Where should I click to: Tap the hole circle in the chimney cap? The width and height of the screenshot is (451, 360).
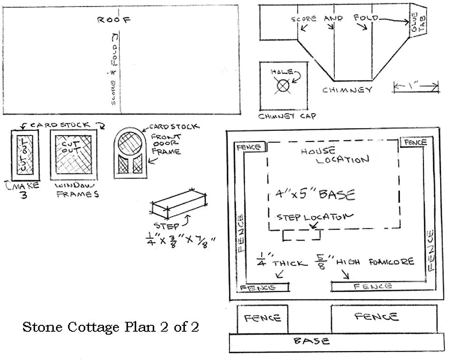(x=282, y=86)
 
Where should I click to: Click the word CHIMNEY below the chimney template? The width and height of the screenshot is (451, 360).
(x=347, y=90)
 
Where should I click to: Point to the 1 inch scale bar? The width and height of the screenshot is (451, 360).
(x=415, y=86)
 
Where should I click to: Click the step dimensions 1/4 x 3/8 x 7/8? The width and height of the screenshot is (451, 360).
(x=180, y=242)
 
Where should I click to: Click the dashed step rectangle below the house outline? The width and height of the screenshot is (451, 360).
(x=302, y=235)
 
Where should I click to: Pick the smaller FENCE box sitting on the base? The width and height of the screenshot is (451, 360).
(x=262, y=319)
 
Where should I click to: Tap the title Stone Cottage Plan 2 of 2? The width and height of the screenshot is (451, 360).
(x=111, y=327)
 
